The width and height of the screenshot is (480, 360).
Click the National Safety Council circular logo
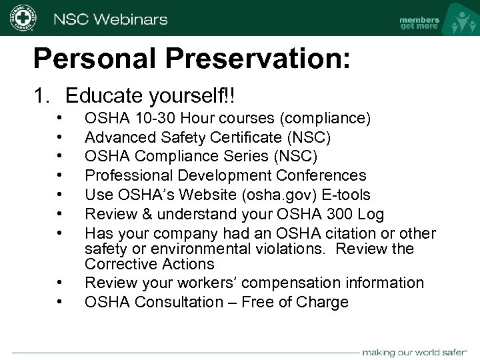[23, 18]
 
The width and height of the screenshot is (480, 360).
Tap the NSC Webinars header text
[111, 19]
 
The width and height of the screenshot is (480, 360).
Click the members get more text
[419, 23]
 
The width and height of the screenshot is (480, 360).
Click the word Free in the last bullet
[259, 302]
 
